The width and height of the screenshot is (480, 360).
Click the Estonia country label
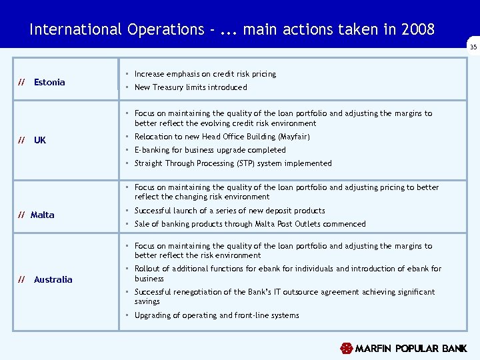point(49,83)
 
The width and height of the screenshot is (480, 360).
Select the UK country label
point(40,141)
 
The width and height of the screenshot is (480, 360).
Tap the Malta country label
point(43,215)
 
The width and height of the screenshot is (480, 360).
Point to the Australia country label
point(53,279)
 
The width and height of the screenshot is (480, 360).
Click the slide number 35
point(473,47)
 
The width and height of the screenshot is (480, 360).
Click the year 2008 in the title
point(417,29)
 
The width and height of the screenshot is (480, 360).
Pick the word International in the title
point(74,29)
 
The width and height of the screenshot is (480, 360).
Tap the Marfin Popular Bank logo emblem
point(346,348)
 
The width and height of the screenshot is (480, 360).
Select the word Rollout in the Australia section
point(148,269)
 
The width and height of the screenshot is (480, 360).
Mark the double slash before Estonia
point(22,83)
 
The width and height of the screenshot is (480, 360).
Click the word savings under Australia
point(147,301)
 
